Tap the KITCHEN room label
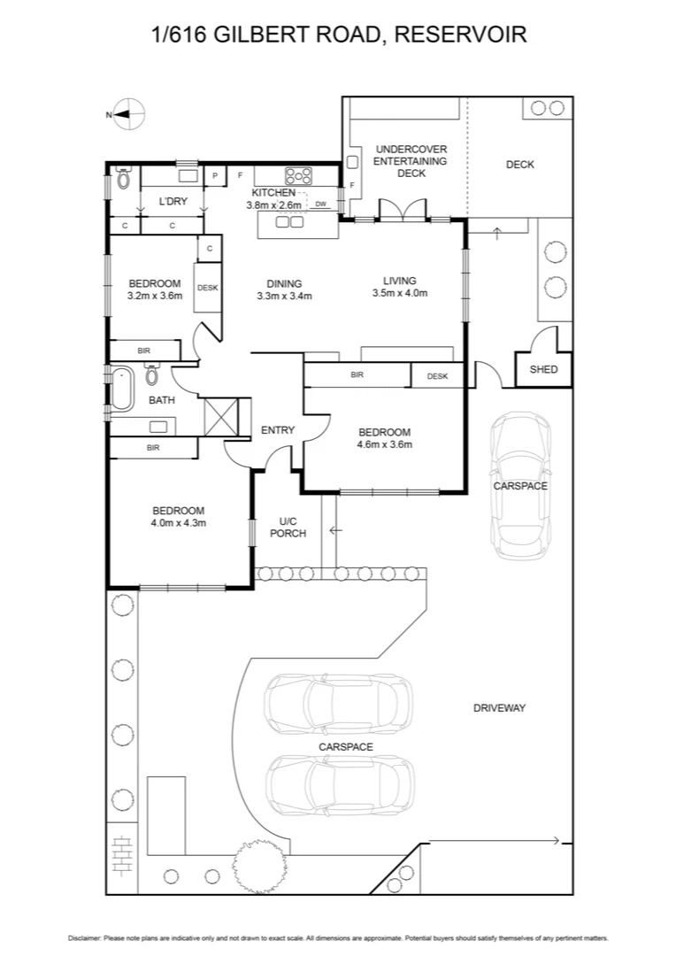[x=273, y=192]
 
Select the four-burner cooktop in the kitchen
[x=298, y=175]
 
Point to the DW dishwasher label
[x=320, y=204]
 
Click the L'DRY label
[x=173, y=202]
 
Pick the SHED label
[x=543, y=369]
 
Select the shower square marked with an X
[x=220, y=415]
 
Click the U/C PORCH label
[x=287, y=527]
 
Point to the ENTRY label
[x=277, y=430]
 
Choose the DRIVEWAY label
[x=499, y=707]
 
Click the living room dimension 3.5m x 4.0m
[x=399, y=293]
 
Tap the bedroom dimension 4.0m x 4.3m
[x=178, y=523]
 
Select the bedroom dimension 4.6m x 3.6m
[x=384, y=444]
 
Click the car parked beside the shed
[x=519, y=484]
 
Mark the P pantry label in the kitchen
[x=215, y=176]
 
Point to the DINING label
[x=284, y=284]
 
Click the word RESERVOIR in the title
[x=460, y=35]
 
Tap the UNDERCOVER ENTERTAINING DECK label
[x=411, y=161]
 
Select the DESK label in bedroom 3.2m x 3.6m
[x=207, y=288]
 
